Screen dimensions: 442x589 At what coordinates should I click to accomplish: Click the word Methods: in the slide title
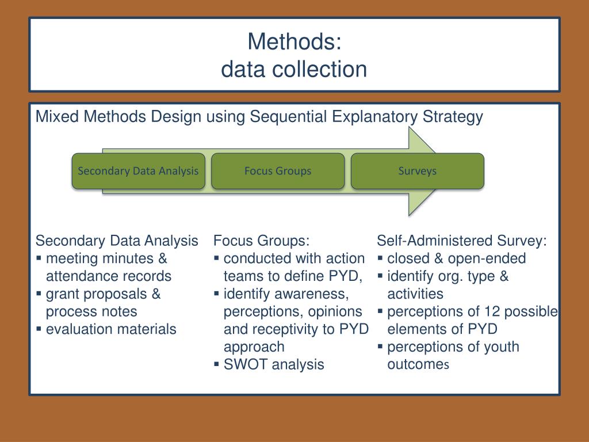tap(294, 41)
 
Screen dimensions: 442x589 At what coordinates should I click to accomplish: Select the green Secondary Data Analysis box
tap(138, 171)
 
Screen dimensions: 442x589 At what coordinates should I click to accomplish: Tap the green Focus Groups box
tap(278, 171)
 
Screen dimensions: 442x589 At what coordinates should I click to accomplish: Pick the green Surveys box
tap(418, 171)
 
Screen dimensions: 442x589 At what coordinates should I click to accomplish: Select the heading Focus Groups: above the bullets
tap(261, 241)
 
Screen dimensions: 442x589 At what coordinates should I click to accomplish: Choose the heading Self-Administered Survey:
tap(462, 241)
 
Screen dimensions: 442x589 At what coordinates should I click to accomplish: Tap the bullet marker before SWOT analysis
tap(217, 364)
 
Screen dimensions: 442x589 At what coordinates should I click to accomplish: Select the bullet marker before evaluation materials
tap(39, 329)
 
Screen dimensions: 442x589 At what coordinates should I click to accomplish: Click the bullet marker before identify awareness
tap(217, 294)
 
